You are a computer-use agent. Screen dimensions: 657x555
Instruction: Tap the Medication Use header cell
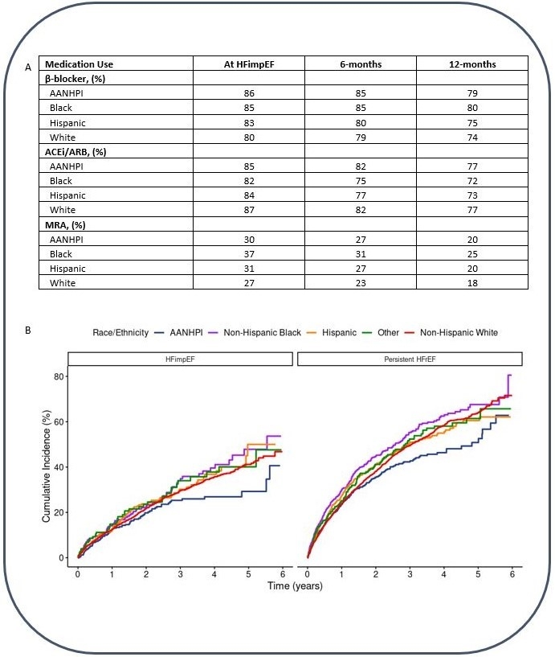tap(80, 64)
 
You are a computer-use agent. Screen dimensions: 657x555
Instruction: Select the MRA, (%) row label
tap(67, 225)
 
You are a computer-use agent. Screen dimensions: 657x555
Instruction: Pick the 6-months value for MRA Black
tap(361, 254)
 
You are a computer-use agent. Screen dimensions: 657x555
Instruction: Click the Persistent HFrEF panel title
tap(410, 359)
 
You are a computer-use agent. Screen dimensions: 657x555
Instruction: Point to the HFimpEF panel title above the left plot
tap(180, 359)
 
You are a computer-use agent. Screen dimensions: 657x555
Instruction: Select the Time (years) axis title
tap(295, 587)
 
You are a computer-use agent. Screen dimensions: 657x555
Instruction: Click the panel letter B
tap(29, 329)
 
